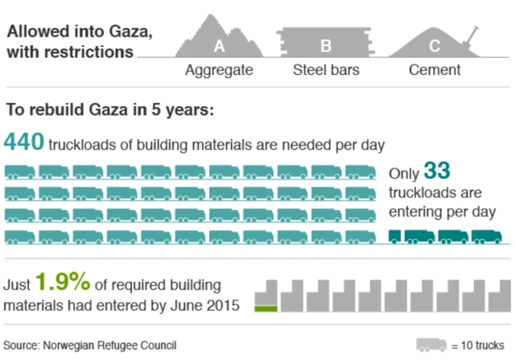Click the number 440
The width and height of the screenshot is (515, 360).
pyautogui.click(x=23, y=143)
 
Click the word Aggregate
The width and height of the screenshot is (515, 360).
pyautogui.click(x=219, y=70)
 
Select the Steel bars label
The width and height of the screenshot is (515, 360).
pyautogui.click(x=325, y=70)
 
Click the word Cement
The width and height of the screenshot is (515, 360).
pyautogui.click(x=435, y=70)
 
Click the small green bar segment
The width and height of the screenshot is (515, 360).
pyautogui.click(x=266, y=308)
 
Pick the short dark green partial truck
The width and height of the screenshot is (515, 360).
pyautogui.click(x=395, y=237)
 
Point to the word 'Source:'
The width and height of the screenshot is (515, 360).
pyautogui.click(x=24, y=346)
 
